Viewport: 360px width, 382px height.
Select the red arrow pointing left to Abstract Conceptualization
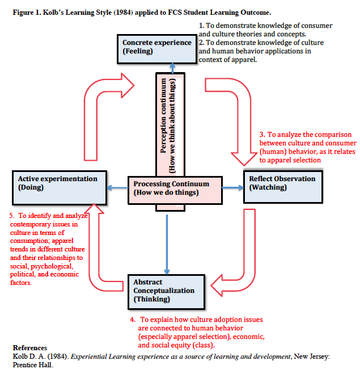(244, 261)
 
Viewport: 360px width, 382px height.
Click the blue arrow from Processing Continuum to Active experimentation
(117, 188)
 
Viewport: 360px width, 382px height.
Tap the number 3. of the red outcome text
(262, 135)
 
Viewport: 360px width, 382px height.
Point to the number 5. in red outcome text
(13, 216)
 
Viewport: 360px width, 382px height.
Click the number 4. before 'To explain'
(133, 320)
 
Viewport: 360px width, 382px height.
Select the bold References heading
(29, 347)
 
